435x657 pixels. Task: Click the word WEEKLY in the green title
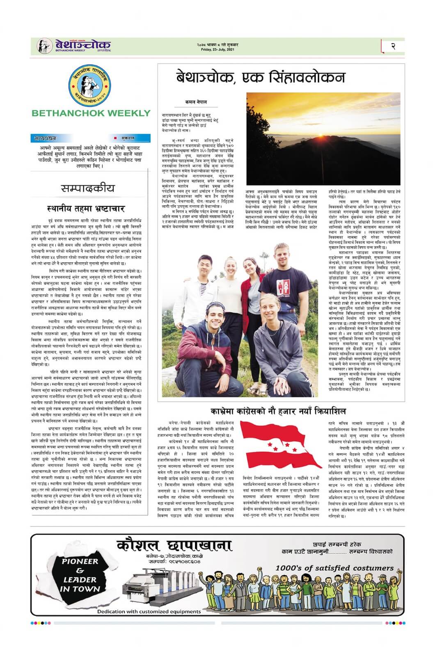(126, 113)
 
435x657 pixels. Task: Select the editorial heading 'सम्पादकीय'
(88, 188)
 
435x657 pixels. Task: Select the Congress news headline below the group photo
(278, 411)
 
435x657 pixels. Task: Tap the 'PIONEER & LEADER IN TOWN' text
(80, 575)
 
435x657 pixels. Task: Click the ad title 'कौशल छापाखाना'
(174, 545)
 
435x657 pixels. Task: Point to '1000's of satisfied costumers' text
(334, 568)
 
